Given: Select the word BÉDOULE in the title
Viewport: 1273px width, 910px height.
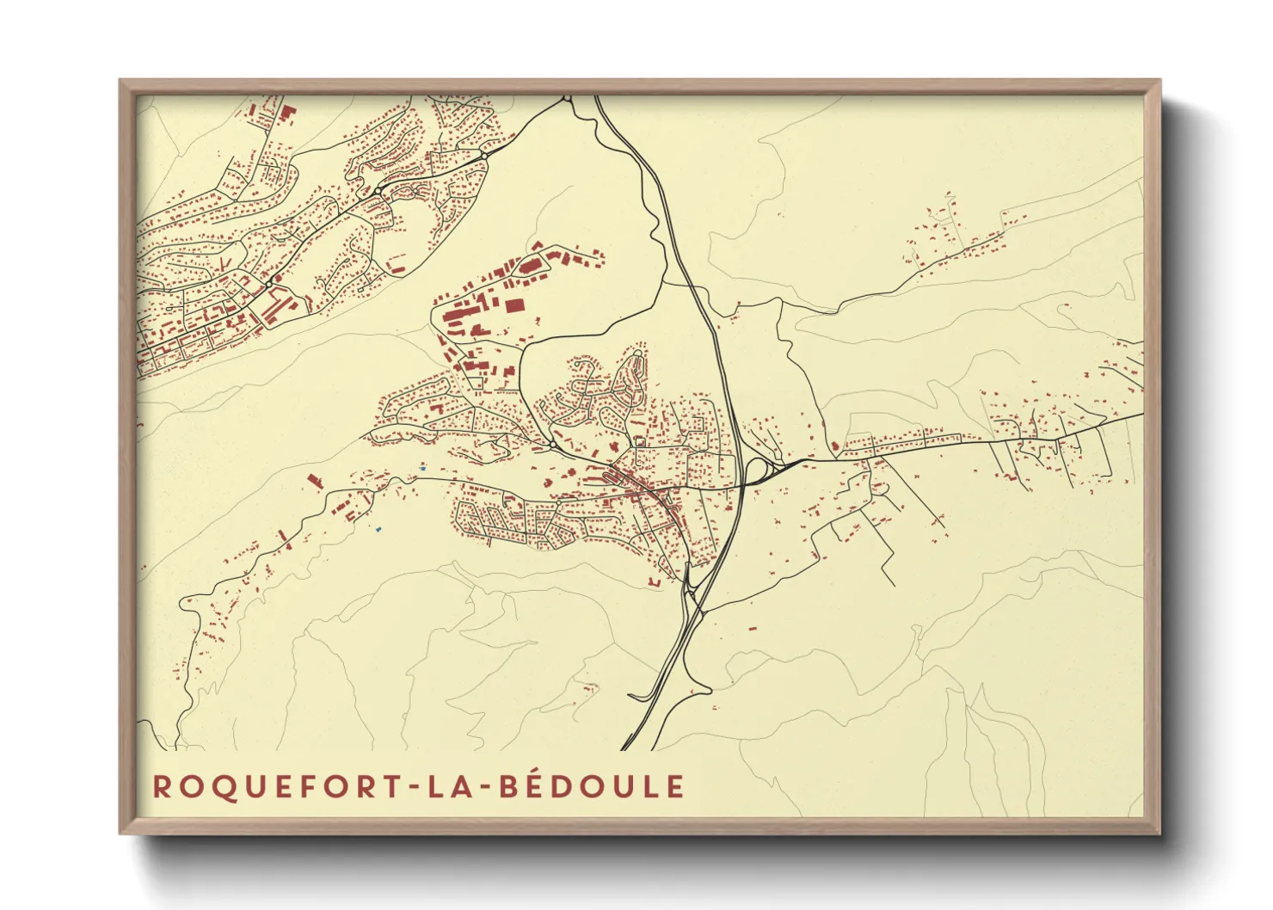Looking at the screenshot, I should tap(593, 787).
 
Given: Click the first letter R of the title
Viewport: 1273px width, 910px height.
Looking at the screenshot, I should tap(161, 787).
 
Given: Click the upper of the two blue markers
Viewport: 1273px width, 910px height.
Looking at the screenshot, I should tap(421, 467).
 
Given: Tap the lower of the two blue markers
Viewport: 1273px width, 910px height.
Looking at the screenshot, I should tap(378, 528).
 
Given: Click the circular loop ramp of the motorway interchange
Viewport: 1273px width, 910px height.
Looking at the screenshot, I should tap(758, 470).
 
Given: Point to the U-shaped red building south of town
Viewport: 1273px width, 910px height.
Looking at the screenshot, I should tap(654, 582).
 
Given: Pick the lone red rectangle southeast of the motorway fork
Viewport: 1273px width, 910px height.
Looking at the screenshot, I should tap(752, 629).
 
